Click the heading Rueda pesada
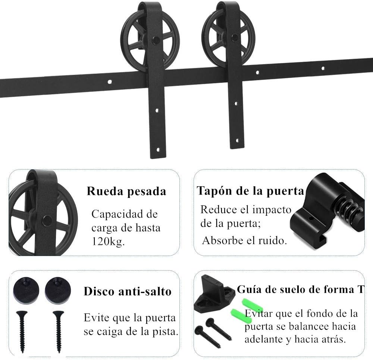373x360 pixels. [126, 192]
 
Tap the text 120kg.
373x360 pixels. [108, 241]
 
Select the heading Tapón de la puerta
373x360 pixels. [250, 191]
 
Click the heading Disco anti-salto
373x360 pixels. [128, 291]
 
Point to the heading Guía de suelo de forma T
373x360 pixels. [300, 290]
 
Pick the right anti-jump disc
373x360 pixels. [57, 290]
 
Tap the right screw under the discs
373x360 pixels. [58, 330]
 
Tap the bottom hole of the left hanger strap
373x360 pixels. [158, 150]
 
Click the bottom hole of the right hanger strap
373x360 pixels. [236, 140]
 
